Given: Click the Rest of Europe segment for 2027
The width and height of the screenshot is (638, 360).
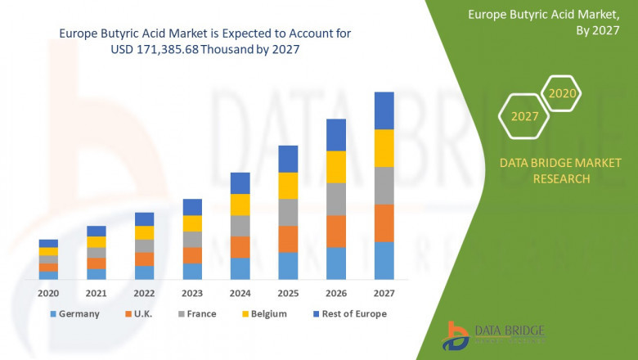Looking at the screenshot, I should click(384, 110).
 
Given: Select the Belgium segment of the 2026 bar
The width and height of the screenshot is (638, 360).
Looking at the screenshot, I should click(336, 167).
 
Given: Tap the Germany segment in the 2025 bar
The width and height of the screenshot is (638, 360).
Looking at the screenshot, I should click(288, 266).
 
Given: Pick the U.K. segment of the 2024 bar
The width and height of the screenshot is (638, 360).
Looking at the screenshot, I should click(240, 247).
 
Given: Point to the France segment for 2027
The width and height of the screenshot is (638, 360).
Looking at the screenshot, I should click(384, 186).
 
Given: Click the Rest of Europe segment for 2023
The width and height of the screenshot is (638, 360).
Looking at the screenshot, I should click(192, 207).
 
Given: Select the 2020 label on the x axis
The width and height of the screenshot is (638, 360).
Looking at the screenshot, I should click(48, 293).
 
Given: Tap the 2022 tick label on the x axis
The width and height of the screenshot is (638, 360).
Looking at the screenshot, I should click(144, 293).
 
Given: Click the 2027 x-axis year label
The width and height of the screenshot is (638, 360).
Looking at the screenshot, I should click(384, 293).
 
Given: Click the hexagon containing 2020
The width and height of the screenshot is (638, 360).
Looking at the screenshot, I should click(562, 93).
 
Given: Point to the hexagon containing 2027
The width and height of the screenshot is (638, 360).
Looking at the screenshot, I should click(524, 116).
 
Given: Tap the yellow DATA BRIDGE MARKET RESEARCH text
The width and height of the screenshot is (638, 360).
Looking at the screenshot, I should click(545, 171).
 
